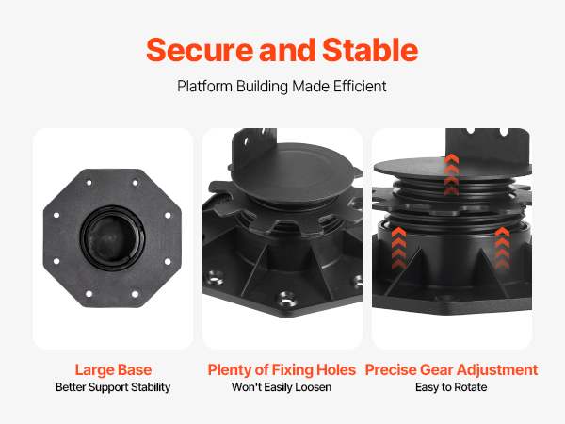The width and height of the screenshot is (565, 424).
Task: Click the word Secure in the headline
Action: pos(200,51)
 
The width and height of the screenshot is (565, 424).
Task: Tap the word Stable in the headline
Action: pos(370,50)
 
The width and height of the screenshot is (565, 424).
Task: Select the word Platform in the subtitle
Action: pos(204,87)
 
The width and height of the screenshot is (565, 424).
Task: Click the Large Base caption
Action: pos(113,370)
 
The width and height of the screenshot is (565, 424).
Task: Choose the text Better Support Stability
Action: pos(113,387)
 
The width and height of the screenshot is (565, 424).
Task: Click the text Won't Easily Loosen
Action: pos(282,387)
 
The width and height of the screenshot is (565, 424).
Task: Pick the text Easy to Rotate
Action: pos(451,387)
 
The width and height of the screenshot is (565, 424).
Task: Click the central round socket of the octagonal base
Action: pos(113,238)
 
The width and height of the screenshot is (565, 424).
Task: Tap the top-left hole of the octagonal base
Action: pos(89,183)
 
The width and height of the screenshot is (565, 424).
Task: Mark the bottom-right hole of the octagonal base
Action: pos(135,294)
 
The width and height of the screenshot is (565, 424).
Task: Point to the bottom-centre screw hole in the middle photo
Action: pos(286,299)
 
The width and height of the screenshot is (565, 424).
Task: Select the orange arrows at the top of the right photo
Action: pos(451,174)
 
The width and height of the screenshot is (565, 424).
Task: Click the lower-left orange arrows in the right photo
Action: pos(399,248)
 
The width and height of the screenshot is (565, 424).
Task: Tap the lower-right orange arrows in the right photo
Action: pos(502,248)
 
